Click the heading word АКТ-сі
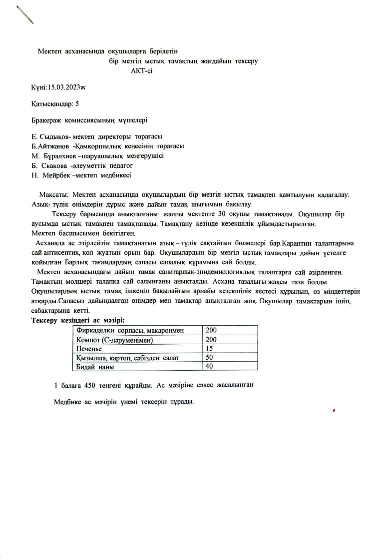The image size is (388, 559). [x=142, y=71]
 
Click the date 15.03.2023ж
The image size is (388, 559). [x=66, y=87]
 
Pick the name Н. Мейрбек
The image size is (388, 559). [x=51, y=175]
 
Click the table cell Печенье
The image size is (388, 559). [x=88, y=348]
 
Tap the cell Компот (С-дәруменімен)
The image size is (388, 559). [x=113, y=340]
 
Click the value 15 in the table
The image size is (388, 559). [x=209, y=348]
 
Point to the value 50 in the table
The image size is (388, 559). [x=209, y=358]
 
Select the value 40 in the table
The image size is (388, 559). [x=209, y=367]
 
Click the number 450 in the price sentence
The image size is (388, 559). [x=90, y=385]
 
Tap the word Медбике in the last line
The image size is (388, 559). [x=67, y=402]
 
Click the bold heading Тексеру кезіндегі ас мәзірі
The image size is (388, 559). [x=78, y=320]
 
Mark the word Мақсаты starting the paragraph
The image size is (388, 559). [x=54, y=194]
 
